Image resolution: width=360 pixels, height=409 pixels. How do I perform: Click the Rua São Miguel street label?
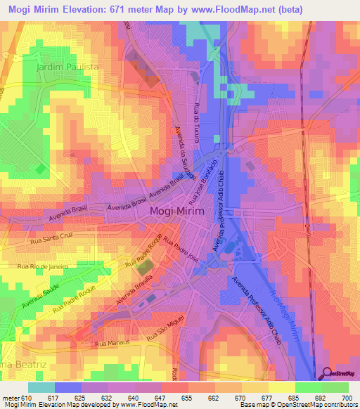pos(164,332)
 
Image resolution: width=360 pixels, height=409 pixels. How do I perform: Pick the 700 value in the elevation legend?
pos(347,398)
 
